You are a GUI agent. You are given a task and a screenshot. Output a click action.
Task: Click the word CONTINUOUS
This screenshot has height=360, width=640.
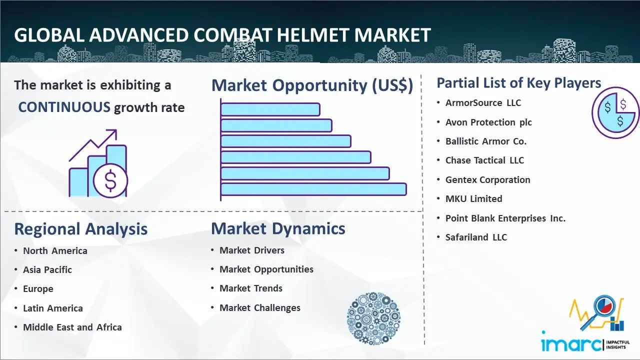click(x=64, y=107)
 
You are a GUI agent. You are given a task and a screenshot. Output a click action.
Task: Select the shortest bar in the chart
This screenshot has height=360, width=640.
click(x=270, y=109)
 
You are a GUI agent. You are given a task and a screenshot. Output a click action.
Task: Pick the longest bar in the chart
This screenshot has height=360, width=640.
click(x=313, y=189)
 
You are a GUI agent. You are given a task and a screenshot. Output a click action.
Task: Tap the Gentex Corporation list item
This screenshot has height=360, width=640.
click(x=487, y=179)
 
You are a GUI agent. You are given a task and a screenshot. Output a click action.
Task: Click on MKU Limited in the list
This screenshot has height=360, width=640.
click(x=473, y=198)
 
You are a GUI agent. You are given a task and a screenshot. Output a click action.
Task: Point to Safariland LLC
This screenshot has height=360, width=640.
click(x=476, y=237)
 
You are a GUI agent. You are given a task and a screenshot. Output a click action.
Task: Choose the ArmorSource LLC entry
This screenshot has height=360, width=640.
click(x=483, y=103)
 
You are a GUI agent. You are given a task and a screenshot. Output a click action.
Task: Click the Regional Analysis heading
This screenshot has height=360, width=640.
click(x=81, y=229)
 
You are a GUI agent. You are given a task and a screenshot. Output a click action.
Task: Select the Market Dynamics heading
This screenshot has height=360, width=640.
click(x=278, y=228)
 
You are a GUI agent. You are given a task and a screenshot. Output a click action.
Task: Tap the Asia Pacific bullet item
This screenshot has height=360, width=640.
click(x=47, y=269)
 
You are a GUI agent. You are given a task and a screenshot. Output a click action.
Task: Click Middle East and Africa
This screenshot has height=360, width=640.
click(x=72, y=327)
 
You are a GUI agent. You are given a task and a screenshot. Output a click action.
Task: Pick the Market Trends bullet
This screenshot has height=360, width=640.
click(x=251, y=288)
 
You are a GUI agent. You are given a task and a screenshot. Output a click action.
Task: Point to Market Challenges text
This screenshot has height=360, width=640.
click(x=260, y=307)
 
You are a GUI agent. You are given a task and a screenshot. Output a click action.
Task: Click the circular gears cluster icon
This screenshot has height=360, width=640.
click(x=373, y=318)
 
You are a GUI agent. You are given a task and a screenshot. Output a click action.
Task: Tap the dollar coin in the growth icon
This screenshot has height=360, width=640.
click(x=110, y=180)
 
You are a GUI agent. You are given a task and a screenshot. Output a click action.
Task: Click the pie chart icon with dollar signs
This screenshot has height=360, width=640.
click(x=615, y=113)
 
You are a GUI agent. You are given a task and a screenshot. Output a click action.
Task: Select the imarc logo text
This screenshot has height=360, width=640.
click(x=571, y=344)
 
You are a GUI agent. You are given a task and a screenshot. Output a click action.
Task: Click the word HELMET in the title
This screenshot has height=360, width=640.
click(x=313, y=35)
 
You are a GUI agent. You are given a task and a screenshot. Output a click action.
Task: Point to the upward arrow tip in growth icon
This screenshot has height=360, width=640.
click(x=116, y=130)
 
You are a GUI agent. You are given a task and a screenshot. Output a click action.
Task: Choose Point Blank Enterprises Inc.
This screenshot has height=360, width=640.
click(x=505, y=218)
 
